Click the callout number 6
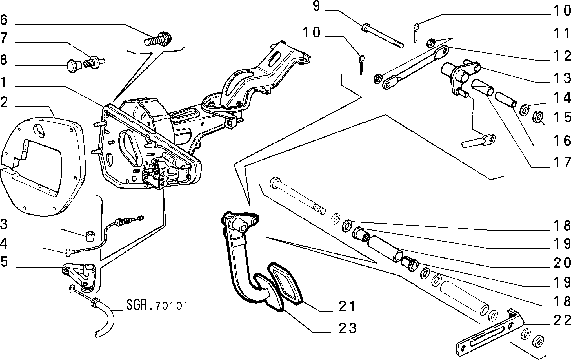point(5,20)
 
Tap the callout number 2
point(5,103)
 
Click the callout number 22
point(561,321)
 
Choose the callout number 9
point(316,6)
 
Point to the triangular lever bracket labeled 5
point(80,277)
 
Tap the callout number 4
point(5,244)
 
